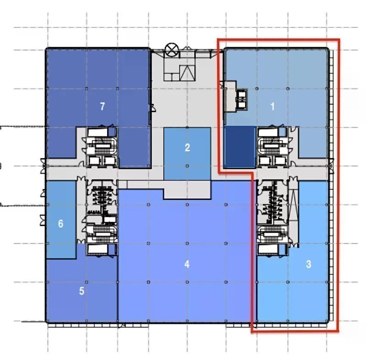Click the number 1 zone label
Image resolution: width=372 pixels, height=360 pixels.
(x=273, y=106)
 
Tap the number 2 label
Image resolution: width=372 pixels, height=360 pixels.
(x=187, y=147)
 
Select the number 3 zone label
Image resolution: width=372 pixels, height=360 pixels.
(x=308, y=264)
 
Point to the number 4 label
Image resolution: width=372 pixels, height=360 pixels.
(x=187, y=264)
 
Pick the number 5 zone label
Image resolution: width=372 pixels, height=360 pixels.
(x=82, y=291)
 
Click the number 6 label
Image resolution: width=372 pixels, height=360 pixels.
(x=61, y=224)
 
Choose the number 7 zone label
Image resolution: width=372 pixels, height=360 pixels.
(x=102, y=106)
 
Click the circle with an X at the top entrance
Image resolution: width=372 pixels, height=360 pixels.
(x=172, y=50)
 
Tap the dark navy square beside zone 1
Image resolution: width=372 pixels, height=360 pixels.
(x=240, y=147)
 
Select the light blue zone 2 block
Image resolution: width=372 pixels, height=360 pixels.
(x=187, y=154)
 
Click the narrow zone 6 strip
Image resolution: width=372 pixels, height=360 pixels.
(x=61, y=219)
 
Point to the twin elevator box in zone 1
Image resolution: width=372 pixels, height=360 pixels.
(x=242, y=99)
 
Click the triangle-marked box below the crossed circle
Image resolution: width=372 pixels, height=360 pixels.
(x=187, y=73)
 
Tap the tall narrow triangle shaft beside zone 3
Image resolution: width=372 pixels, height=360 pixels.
(x=294, y=205)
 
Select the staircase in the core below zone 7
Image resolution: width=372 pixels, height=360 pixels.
(x=103, y=146)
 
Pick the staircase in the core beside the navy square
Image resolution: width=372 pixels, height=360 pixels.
(x=272, y=146)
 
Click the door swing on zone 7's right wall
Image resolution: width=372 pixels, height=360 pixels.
(x=153, y=108)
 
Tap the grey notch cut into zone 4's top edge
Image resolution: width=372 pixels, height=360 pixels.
(x=187, y=190)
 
